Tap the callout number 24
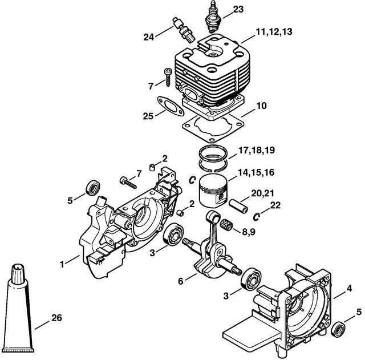[x=149, y=37]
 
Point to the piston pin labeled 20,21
[x=238, y=206]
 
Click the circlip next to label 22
[x=256, y=216]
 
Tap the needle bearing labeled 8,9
[x=226, y=225]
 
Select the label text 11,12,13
[x=274, y=31]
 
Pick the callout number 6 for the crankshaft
[x=181, y=281]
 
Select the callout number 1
[x=62, y=264]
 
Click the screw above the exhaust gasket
[x=168, y=77]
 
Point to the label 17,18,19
[x=256, y=150]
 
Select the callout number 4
[x=349, y=289]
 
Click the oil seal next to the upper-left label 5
[x=93, y=188]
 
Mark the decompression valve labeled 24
[x=184, y=30]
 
